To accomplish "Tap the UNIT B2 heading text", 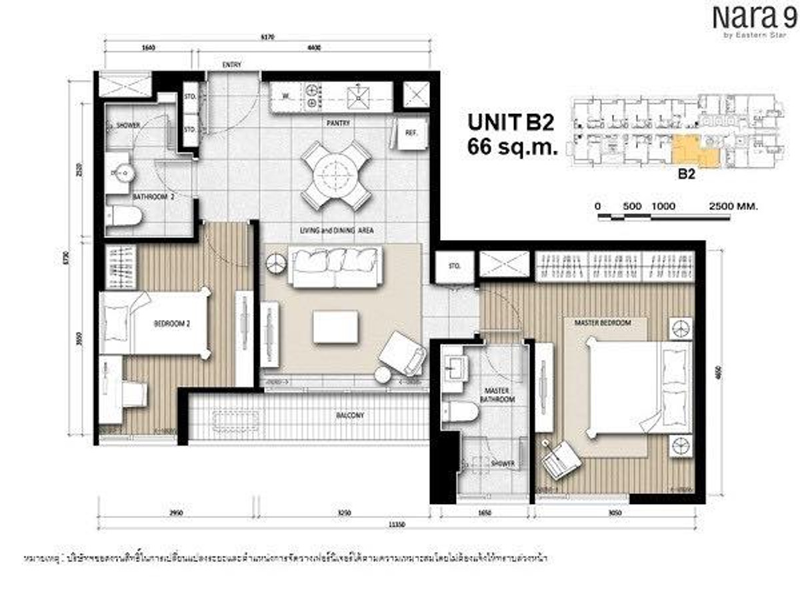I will pos(511,122).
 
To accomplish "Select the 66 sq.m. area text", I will pos(512,147).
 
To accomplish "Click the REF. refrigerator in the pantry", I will pos(411,133).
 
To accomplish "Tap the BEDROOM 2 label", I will pos(172,323).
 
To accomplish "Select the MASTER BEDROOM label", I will pos(607,323).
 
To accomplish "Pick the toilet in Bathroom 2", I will pos(125,216).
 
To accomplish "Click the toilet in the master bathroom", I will pos(463,412).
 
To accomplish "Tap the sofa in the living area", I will pos(336,267).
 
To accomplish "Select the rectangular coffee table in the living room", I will pos(336,327).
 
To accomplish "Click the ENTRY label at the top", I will pos(231,65).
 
